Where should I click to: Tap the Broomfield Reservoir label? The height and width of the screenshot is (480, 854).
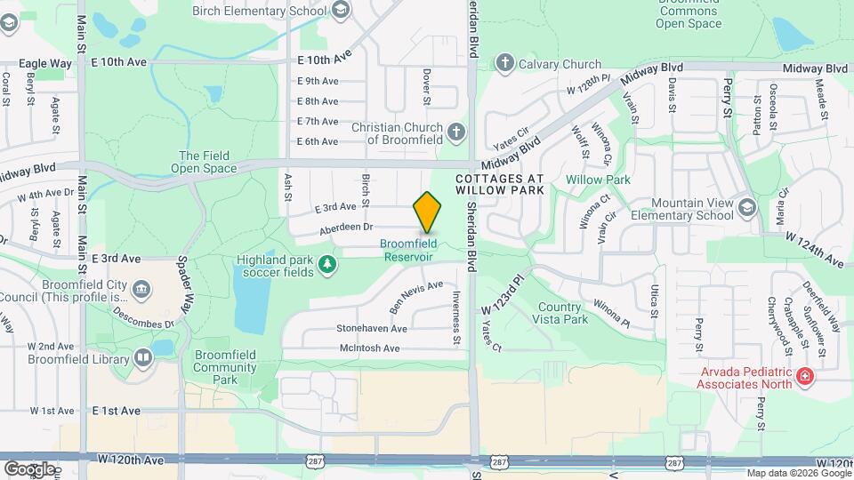[407, 251]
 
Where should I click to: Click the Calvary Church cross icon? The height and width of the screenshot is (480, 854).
[505, 63]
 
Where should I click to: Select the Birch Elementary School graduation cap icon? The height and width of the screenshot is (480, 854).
[341, 10]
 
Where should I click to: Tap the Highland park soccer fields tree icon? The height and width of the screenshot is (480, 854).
[328, 263]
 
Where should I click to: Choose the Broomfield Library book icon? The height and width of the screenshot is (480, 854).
[142, 357]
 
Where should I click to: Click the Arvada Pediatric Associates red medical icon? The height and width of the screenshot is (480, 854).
[805, 377]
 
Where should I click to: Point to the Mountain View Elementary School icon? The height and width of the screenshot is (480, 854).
[747, 207]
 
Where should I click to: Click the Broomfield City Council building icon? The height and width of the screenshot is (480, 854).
[141, 290]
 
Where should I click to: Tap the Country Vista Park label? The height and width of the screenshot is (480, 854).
[562, 313]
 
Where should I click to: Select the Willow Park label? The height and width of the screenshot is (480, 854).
[598, 180]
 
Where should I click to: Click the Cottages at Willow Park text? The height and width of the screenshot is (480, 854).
[499, 185]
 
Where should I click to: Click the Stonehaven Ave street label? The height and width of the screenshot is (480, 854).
[372, 329]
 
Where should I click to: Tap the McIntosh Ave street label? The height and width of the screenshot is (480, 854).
[370, 348]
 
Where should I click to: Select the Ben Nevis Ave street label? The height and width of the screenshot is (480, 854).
[416, 297]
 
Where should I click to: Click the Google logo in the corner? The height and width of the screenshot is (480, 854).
[29, 468]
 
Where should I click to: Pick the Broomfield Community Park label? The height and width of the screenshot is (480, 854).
[225, 367]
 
